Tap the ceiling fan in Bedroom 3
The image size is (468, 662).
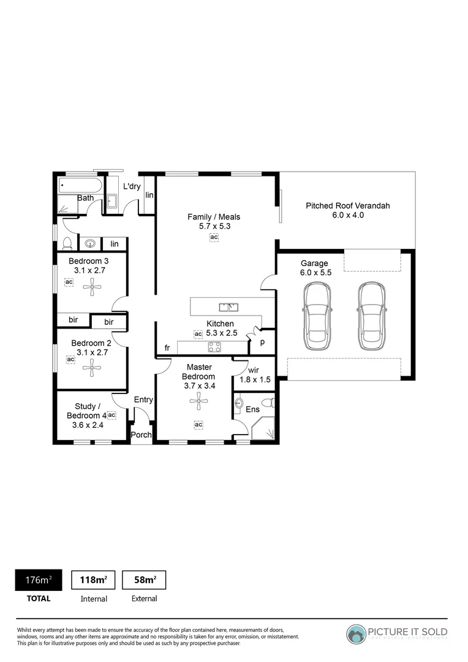(92, 284)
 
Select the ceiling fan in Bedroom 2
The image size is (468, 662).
(92, 367)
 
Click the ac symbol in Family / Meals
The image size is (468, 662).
(214, 237)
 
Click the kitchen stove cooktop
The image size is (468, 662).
(215, 347)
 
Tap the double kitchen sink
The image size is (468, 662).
(229, 306)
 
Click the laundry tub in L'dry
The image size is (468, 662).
(112, 200)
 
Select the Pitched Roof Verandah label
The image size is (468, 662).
(347, 210)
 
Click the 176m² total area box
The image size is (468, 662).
(38, 580)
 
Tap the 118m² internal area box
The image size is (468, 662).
(94, 580)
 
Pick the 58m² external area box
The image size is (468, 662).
(144, 580)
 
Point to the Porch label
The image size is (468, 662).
(142, 435)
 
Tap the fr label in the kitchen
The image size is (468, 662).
(167, 348)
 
